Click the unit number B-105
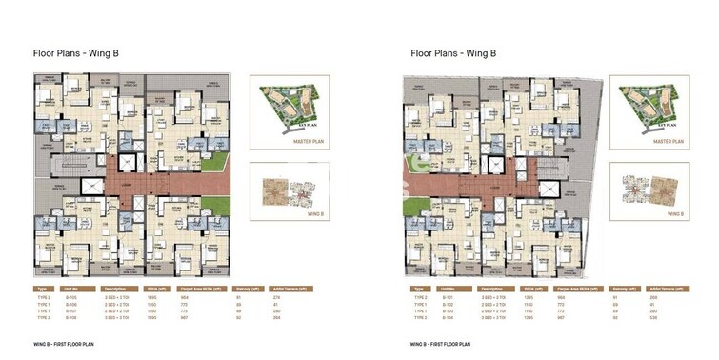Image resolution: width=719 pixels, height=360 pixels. click(70, 297)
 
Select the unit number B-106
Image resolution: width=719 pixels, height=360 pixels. click(70, 304)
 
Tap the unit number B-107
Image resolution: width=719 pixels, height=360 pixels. click(70, 310)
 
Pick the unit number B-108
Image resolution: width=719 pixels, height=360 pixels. click(70, 317)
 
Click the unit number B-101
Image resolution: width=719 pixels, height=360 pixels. click(444, 297)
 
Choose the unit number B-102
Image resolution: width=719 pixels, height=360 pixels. click(444, 304)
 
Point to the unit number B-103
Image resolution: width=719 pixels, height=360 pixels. click(444, 310)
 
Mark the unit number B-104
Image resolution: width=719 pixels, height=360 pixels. click(444, 317)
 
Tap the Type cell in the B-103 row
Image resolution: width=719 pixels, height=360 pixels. click(416, 310)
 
